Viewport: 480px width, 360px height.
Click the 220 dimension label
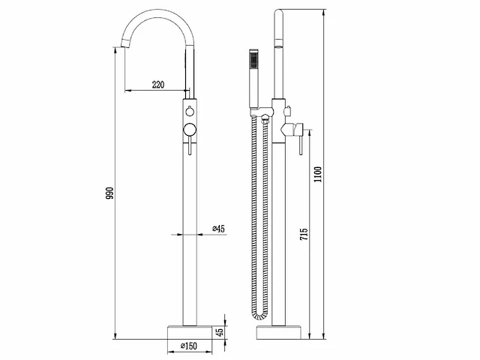click(x=158, y=84)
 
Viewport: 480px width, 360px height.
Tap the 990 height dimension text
click(x=109, y=193)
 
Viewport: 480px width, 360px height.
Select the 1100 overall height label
click(x=318, y=174)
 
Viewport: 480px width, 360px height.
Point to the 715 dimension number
click(x=304, y=234)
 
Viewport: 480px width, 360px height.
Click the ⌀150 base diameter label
click(x=188, y=346)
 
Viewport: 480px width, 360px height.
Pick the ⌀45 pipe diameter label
click(x=218, y=229)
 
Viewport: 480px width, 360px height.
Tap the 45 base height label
click(x=220, y=331)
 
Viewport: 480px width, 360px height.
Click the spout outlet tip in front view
click(x=125, y=45)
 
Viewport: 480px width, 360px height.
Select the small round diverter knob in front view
click(x=190, y=112)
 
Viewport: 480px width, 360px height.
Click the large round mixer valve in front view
click(x=190, y=130)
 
